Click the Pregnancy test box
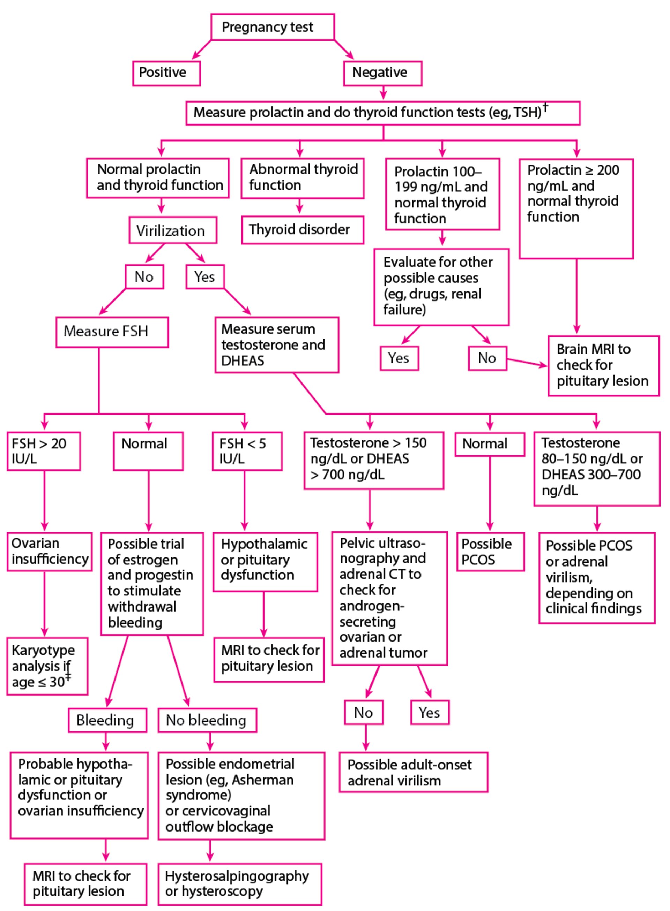tap(273, 27)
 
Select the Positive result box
tap(166, 73)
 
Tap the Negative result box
tap(382, 73)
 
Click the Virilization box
tap(173, 230)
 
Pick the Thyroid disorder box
tap(302, 230)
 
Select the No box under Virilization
tap(144, 277)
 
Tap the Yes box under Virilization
tap(205, 277)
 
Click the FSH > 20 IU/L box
tap(43, 451)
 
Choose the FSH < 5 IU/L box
tap(247, 451)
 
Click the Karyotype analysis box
tap(47, 666)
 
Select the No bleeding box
tap(207, 720)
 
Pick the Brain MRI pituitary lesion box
tap(603, 365)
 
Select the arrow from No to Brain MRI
tap(527, 362)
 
